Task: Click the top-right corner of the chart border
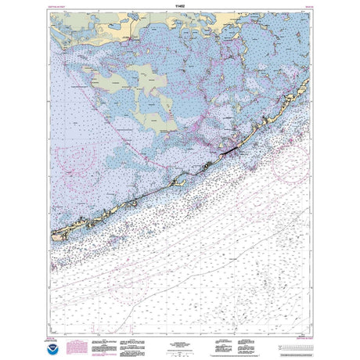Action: [x=311, y=20]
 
